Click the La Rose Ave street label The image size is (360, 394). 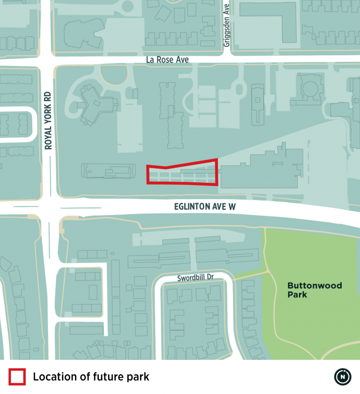tap(167, 59)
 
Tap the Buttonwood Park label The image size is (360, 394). tap(308, 290)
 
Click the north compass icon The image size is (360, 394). tap(343, 377)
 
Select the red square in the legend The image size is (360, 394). tap(17, 377)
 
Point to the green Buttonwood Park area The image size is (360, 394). tap(309, 319)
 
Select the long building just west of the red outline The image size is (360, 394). tap(107, 171)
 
